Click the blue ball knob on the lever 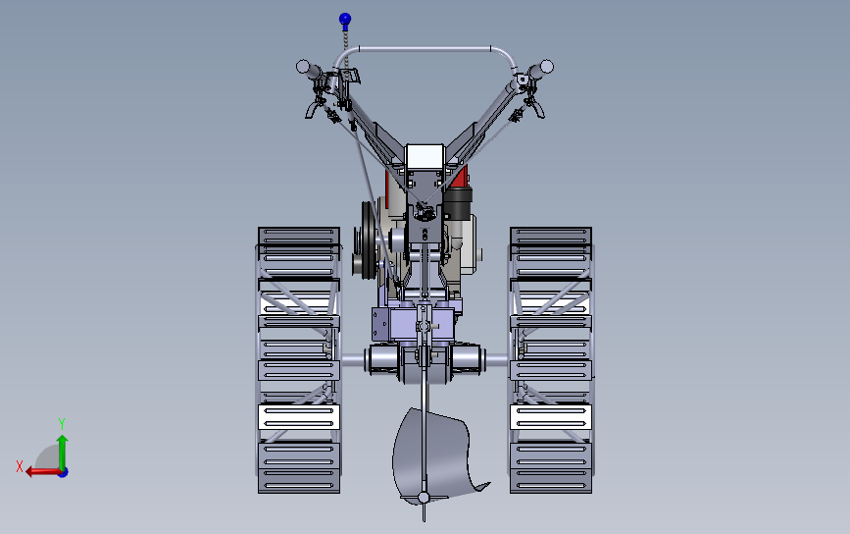pos(345,20)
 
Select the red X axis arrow pos(43,471)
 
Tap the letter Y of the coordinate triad pos(62,423)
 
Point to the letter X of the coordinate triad pos(20,466)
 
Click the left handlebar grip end pos(303,67)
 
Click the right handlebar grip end pos(546,66)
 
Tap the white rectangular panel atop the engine pos(425,157)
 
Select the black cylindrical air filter pos(458,203)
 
